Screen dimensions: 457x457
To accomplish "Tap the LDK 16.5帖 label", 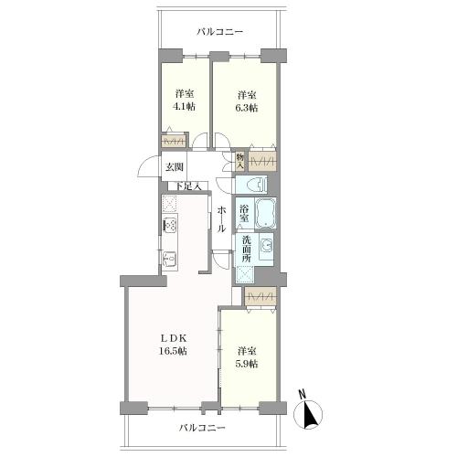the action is click(x=173, y=345).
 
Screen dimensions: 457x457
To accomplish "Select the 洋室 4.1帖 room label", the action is click(x=185, y=100).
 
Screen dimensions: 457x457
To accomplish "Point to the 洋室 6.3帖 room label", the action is click(x=248, y=101).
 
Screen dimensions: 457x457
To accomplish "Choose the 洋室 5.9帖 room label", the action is click(x=248, y=357).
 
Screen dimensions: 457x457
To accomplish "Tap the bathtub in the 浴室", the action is click(x=265, y=213).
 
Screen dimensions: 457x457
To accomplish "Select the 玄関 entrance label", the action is click(x=175, y=167).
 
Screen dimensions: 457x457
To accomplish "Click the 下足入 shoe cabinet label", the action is click(x=188, y=186).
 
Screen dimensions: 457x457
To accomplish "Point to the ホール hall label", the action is click(x=221, y=219).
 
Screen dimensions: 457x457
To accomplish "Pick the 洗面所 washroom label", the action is click(x=246, y=249).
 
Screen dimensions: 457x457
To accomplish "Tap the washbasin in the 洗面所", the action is click(x=266, y=246).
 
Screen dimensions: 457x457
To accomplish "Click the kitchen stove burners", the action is click(x=170, y=225).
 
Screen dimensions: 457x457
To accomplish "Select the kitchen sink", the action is click(x=170, y=260).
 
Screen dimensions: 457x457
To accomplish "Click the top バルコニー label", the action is click(x=219, y=32).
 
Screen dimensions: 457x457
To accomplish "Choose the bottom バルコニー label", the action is click(x=202, y=428).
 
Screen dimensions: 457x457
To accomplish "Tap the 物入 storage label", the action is click(x=240, y=161).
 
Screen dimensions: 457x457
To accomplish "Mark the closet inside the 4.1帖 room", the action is click(x=174, y=141).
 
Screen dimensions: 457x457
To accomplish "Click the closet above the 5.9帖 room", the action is click(x=260, y=296).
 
